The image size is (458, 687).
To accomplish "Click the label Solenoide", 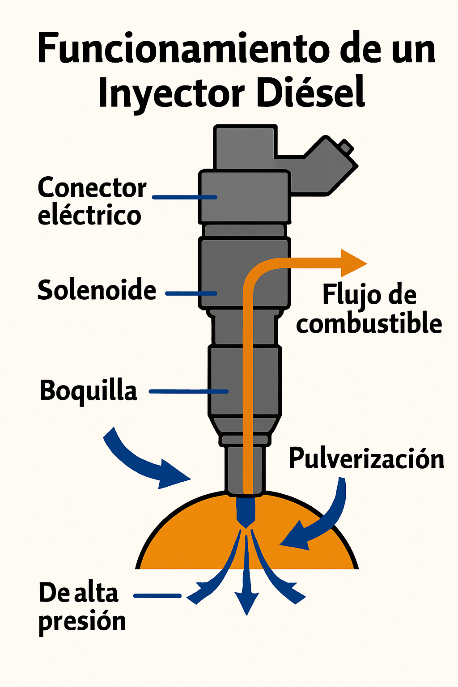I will [97, 290].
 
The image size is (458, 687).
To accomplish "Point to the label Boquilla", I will [88, 390].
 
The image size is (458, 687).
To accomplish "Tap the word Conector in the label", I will [92, 188].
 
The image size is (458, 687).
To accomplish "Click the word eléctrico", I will [89, 215].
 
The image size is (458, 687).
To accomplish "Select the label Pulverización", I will [366, 458].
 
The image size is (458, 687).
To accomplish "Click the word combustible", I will [369, 323].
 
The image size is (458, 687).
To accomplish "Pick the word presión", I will [82, 621].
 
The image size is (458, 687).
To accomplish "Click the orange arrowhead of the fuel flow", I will [353, 263].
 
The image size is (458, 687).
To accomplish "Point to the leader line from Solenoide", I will [191, 294].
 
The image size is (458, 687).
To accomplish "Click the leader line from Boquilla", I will [188, 391].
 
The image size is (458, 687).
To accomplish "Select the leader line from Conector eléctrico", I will [184, 197].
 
